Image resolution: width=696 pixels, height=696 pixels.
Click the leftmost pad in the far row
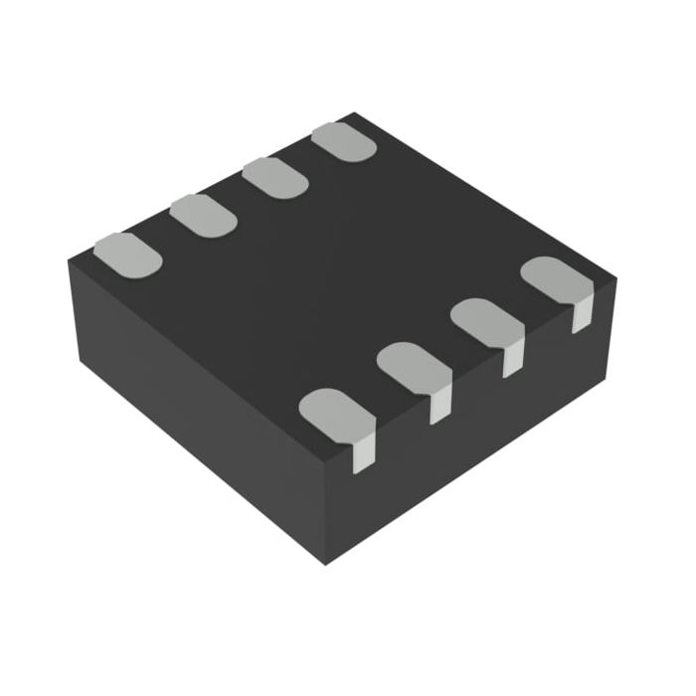pos(127,254)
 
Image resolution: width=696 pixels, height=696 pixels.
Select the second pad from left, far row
pos(203,215)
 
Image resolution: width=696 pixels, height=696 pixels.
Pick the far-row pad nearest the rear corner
pos(343,142)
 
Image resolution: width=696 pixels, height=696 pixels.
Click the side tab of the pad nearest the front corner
pos(365,450)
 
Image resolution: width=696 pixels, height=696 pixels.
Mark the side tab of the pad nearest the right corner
pos(582,316)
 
